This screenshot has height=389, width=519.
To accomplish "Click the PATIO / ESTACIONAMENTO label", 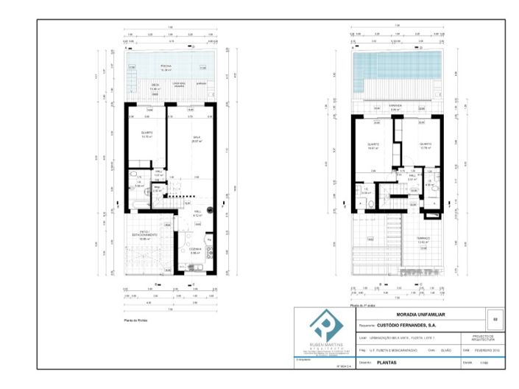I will (x=146, y=235).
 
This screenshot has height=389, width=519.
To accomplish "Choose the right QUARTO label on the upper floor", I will (x=426, y=144).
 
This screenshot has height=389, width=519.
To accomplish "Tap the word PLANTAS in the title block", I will (x=387, y=363).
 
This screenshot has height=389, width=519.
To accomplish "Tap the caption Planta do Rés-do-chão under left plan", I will (x=136, y=320).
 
